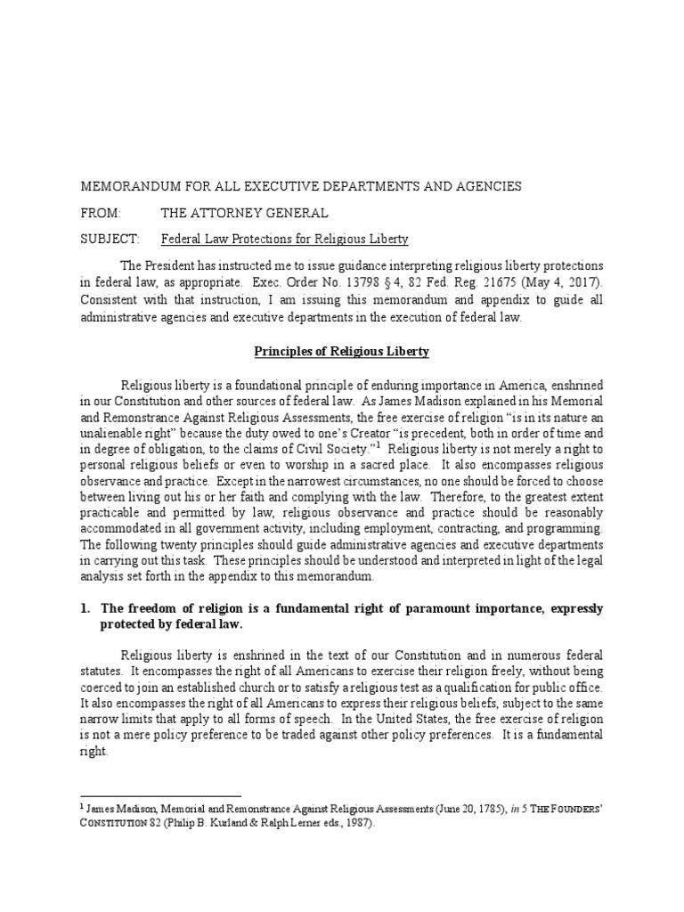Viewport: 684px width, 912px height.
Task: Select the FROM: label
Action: [100, 213]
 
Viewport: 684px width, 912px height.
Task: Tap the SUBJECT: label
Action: [110, 240]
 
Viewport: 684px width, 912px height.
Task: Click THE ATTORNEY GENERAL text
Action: [244, 213]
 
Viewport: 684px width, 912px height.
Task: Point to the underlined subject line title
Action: [284, 240]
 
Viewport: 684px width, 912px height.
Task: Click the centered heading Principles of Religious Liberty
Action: [341, 352]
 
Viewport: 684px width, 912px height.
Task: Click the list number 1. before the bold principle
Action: [86, 608]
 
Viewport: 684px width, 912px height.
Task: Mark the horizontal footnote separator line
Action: [160, 795]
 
